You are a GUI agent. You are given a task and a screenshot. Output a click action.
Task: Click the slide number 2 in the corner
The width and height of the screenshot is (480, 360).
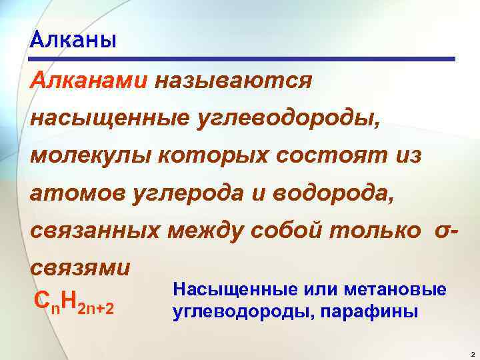coord(471,353)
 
